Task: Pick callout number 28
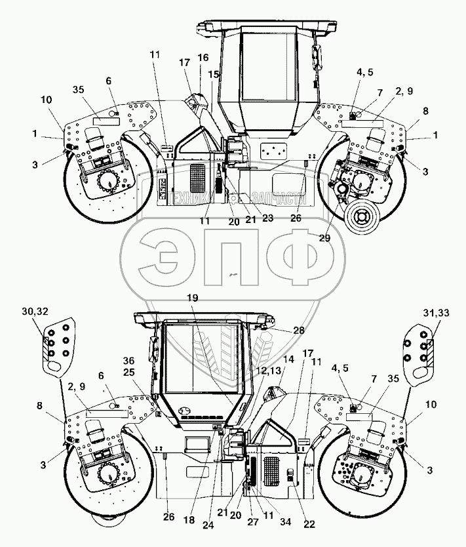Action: tap(298, 331)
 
